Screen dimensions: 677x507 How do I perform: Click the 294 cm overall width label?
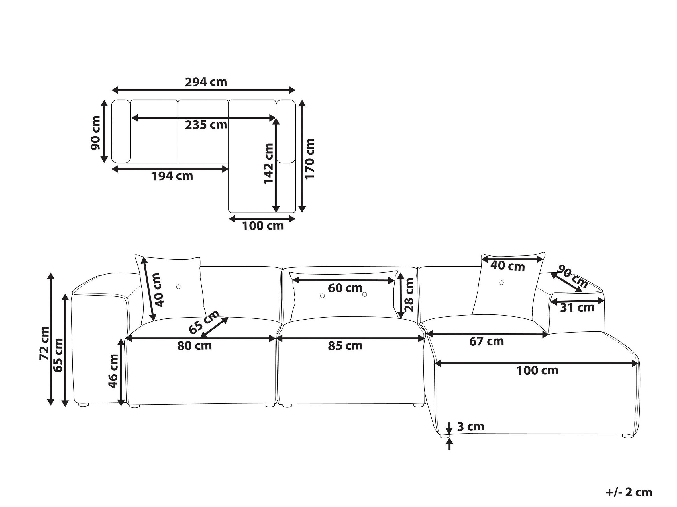coord(206,82)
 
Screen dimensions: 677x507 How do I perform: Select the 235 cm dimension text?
coord(206,125)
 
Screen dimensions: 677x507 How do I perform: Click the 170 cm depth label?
coord(310,159)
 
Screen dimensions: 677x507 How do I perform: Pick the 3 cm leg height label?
coord(471,426)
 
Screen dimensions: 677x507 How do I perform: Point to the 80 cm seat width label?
coord(194,346)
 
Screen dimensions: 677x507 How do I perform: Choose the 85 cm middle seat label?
coord(345,346)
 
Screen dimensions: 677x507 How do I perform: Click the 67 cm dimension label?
coord(487,341)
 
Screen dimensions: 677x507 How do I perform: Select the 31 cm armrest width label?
coord(577,308)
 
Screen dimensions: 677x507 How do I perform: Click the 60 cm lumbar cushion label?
coord(345,288)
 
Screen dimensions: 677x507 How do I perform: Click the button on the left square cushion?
coord(178,287)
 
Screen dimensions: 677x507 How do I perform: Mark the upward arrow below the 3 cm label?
coord(449,444)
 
